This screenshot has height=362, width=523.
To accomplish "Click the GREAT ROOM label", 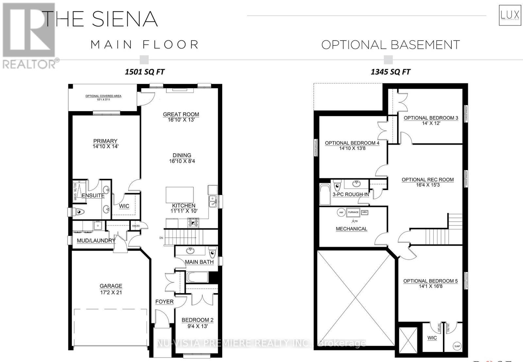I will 181,115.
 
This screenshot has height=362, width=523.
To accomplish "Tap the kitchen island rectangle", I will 179,195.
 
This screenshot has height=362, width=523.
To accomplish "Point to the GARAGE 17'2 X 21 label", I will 111,289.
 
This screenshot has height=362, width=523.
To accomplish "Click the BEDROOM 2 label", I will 197,320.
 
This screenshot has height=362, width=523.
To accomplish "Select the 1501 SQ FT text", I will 144,72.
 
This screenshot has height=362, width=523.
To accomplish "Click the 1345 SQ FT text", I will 390,72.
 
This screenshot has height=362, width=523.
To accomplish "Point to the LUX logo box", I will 510,15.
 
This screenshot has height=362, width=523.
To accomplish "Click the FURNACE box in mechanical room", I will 353,212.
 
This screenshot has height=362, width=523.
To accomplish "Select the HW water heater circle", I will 341,212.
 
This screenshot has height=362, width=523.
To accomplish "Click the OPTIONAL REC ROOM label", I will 428,180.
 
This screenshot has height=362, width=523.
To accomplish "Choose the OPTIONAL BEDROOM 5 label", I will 430,281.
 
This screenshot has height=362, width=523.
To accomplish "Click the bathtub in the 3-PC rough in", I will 325,194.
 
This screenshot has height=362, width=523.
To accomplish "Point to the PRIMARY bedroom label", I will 105,141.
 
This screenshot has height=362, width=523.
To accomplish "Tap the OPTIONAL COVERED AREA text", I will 103,96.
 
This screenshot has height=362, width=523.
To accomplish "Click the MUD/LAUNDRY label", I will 96,241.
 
